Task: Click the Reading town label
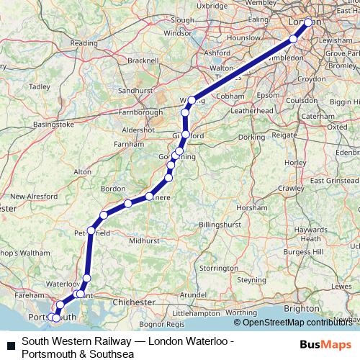(x=84, y=43)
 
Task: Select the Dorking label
(x=252, y=136)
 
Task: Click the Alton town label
(x=83, y=172)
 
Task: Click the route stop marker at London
(x=309, y=23)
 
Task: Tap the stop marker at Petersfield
(x=91, y=231)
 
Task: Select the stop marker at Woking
(x=192, y=100)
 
